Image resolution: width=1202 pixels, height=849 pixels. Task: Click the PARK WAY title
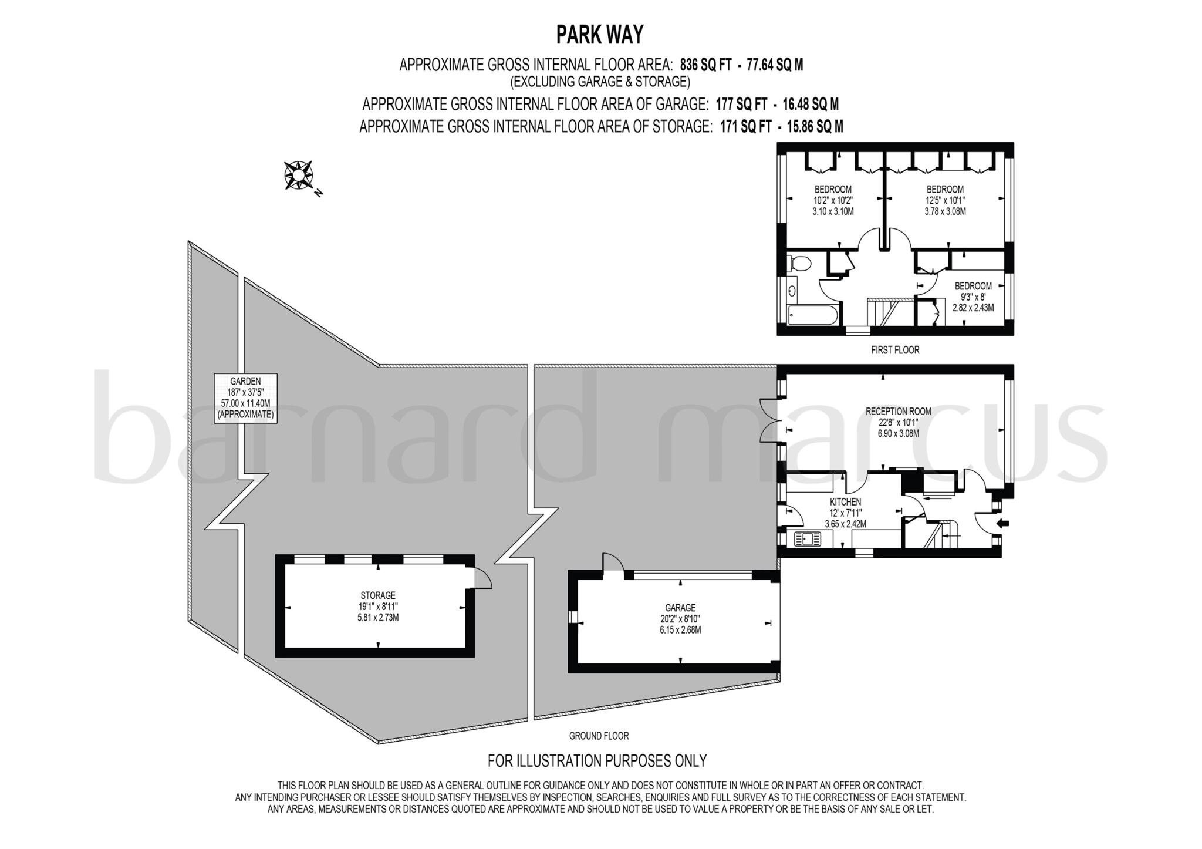[x=600, y=35]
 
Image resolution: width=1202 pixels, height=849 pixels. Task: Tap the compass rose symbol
[x=298, y=175]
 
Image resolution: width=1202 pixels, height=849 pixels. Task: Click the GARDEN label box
[x=245, y=398]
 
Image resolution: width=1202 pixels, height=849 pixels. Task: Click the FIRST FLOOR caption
[x=895, y=350]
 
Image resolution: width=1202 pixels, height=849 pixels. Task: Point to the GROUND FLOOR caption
[x=599, y=736]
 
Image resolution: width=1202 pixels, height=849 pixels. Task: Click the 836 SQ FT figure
[x=705, y=65]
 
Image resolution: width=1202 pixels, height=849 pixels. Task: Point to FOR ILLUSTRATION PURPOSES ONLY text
[x=597, y=761]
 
